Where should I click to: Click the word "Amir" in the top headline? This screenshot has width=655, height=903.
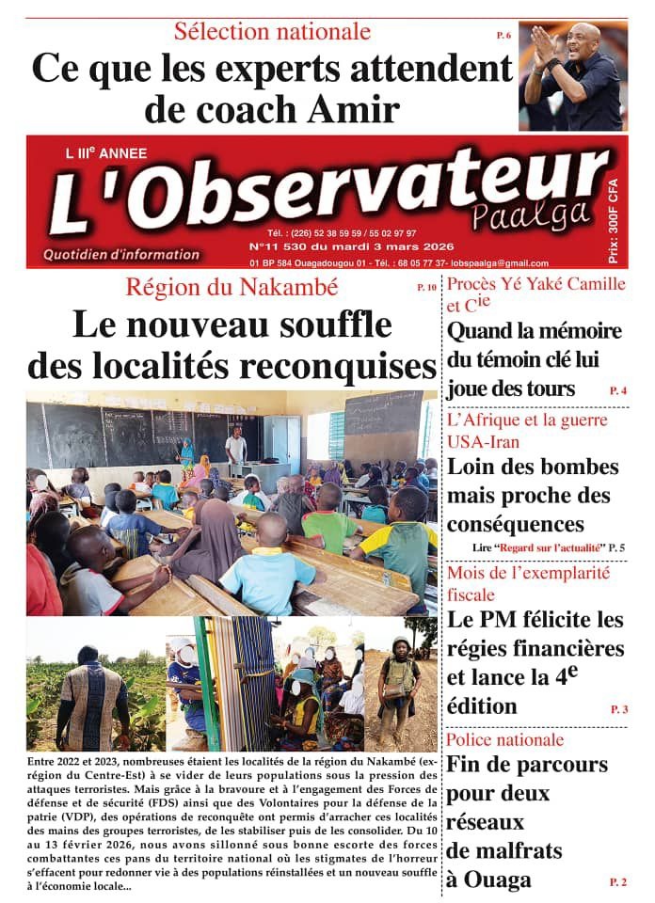tap(358, 110)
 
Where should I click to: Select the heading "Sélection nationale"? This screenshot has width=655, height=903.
tap(272, 31)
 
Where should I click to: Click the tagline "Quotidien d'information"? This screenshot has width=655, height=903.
tap(121, 254)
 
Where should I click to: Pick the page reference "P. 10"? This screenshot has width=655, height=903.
tap(426, 287)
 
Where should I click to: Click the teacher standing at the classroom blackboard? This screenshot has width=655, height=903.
tap(237, 447)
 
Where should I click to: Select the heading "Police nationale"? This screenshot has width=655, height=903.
tap(505, 739)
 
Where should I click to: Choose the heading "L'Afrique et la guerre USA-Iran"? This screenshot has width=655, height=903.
tap(527, 430)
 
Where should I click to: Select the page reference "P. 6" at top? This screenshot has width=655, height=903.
tap(503, 36)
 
